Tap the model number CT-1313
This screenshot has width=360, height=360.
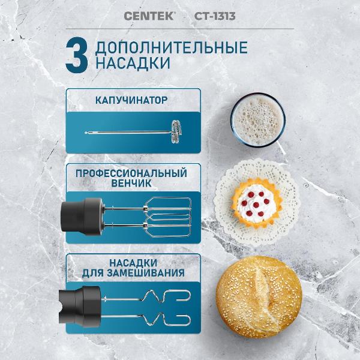coord(215,16)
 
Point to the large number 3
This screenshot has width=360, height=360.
coord(76,56)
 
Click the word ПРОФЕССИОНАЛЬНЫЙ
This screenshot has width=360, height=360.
coord(131,173)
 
